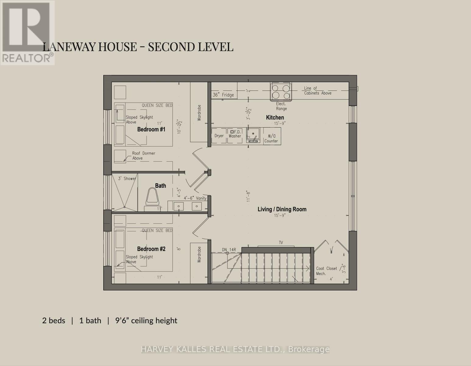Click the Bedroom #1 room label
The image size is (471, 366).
151,130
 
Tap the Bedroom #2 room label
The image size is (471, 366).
151,249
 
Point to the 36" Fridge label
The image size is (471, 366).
223,95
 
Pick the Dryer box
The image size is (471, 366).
219,136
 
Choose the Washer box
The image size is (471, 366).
235,136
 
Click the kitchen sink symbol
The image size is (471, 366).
253,135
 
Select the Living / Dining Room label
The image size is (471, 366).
282,209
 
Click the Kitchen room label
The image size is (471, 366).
275,118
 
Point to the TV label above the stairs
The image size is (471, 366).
281,242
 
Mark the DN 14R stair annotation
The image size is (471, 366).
229,250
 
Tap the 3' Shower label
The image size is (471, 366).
127,178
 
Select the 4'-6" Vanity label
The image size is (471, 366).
195,198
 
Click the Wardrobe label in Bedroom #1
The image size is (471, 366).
199,113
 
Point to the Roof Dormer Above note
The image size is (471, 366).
143,156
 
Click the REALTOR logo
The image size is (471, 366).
27,33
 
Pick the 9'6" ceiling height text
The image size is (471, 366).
146,321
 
